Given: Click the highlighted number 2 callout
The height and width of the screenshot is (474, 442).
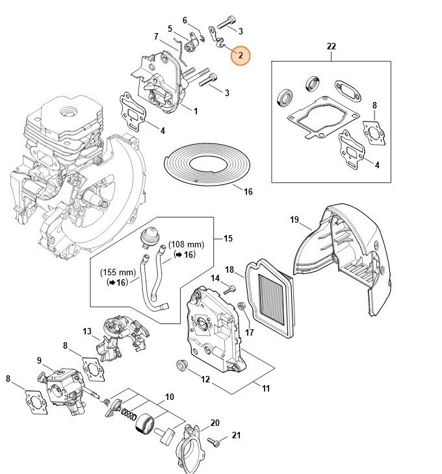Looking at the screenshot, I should click(x=240, y=56).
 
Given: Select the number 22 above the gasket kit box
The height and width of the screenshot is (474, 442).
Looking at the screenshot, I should click(x=331, y=46).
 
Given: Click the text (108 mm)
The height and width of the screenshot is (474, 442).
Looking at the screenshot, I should click(x=187, y=244).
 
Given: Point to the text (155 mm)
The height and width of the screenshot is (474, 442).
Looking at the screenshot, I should click(x=118, y=273).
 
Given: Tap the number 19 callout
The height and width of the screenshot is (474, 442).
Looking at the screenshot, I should click(x=294, y=220).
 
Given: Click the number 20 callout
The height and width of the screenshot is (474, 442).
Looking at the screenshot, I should click(x=215, y=423).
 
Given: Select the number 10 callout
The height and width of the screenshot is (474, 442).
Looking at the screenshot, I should click(x=169, y=397).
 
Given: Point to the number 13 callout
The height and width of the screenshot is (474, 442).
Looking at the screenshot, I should click(x=87, y=332).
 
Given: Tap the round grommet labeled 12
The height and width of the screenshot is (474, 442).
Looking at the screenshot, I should click(x=181, y=365).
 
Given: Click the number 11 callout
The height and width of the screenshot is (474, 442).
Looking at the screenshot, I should click(x=266, y=388).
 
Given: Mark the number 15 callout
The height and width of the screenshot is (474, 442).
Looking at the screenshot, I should click(x=227, y=239).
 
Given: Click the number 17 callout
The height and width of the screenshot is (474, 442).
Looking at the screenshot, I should click(x=249, y=333).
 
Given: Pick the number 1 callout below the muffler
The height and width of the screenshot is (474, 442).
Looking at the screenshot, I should click(x=195, y=111).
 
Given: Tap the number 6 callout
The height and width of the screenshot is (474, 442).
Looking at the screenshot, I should click(x=185, y=20).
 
